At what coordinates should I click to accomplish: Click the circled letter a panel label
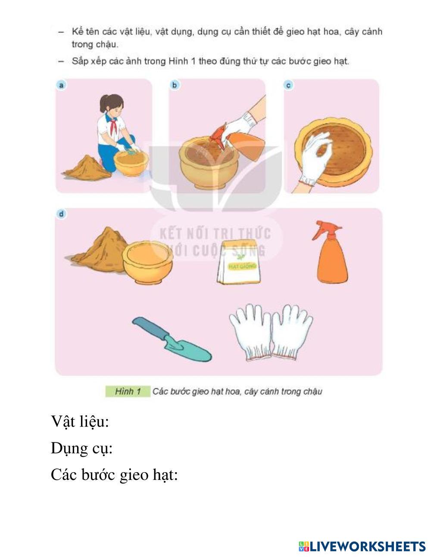(61, 85)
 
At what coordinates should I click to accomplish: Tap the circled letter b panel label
(175, 85)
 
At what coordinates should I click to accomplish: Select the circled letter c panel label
(288, 85)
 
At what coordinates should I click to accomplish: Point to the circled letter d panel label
(61, 214)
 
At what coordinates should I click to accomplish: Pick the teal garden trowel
(172, 339)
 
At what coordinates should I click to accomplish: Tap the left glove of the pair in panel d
(250, 332)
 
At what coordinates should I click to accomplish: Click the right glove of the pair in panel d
(291, 332)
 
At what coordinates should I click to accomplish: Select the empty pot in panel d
(148, 262)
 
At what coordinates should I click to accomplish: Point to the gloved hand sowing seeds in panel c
(315, 159)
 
